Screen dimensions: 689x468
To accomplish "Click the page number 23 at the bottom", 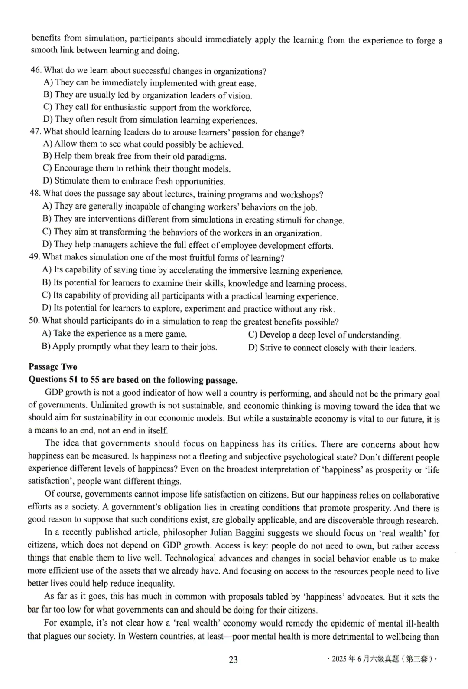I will point(233,659).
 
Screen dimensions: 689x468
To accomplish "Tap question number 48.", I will point(35,194).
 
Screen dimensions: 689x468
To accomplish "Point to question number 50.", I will point(34,321).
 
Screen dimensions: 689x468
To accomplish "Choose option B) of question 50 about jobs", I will point(129,347).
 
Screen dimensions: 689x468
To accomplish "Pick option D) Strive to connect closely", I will point(331,348).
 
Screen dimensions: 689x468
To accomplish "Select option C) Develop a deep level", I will point(324,335).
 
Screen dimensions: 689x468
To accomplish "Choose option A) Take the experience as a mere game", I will point(114,334).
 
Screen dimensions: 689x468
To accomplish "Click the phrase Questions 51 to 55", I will point(64,380).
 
